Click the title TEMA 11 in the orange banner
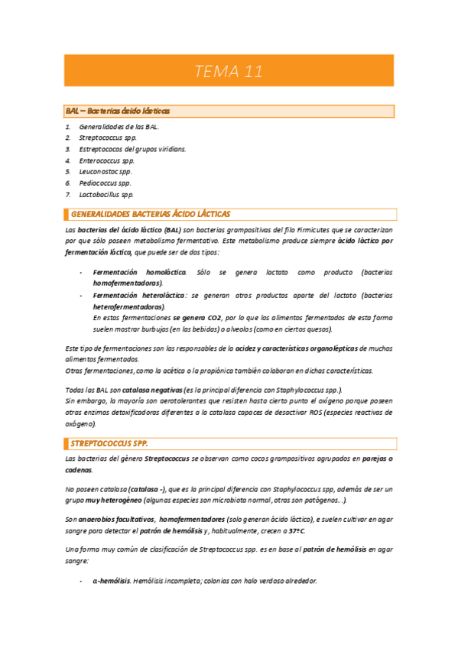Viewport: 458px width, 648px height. click(229, 72)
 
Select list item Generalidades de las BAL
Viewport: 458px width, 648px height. click(119, 126)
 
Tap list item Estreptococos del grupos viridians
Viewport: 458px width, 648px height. click(132, 149)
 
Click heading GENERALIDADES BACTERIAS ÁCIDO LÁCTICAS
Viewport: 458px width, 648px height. click(150, 215)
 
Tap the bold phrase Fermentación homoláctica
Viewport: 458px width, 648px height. click(139, 272)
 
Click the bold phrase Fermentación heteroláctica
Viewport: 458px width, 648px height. click(138, 294)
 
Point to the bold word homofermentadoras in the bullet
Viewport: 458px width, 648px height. click(128, 283)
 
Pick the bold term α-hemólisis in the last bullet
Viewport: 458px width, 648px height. click(112, 582)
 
